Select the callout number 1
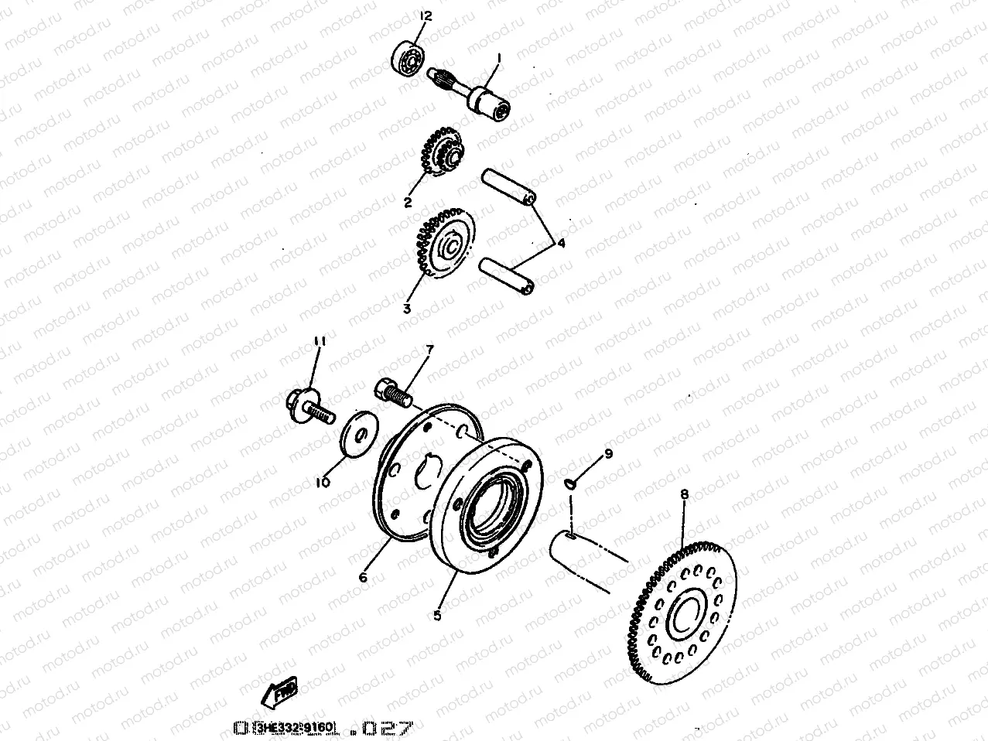click(499, 58)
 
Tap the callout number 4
click(561, 244)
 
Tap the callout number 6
click(364, 577)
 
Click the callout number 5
click(437, 616)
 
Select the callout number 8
click(684, 493)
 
